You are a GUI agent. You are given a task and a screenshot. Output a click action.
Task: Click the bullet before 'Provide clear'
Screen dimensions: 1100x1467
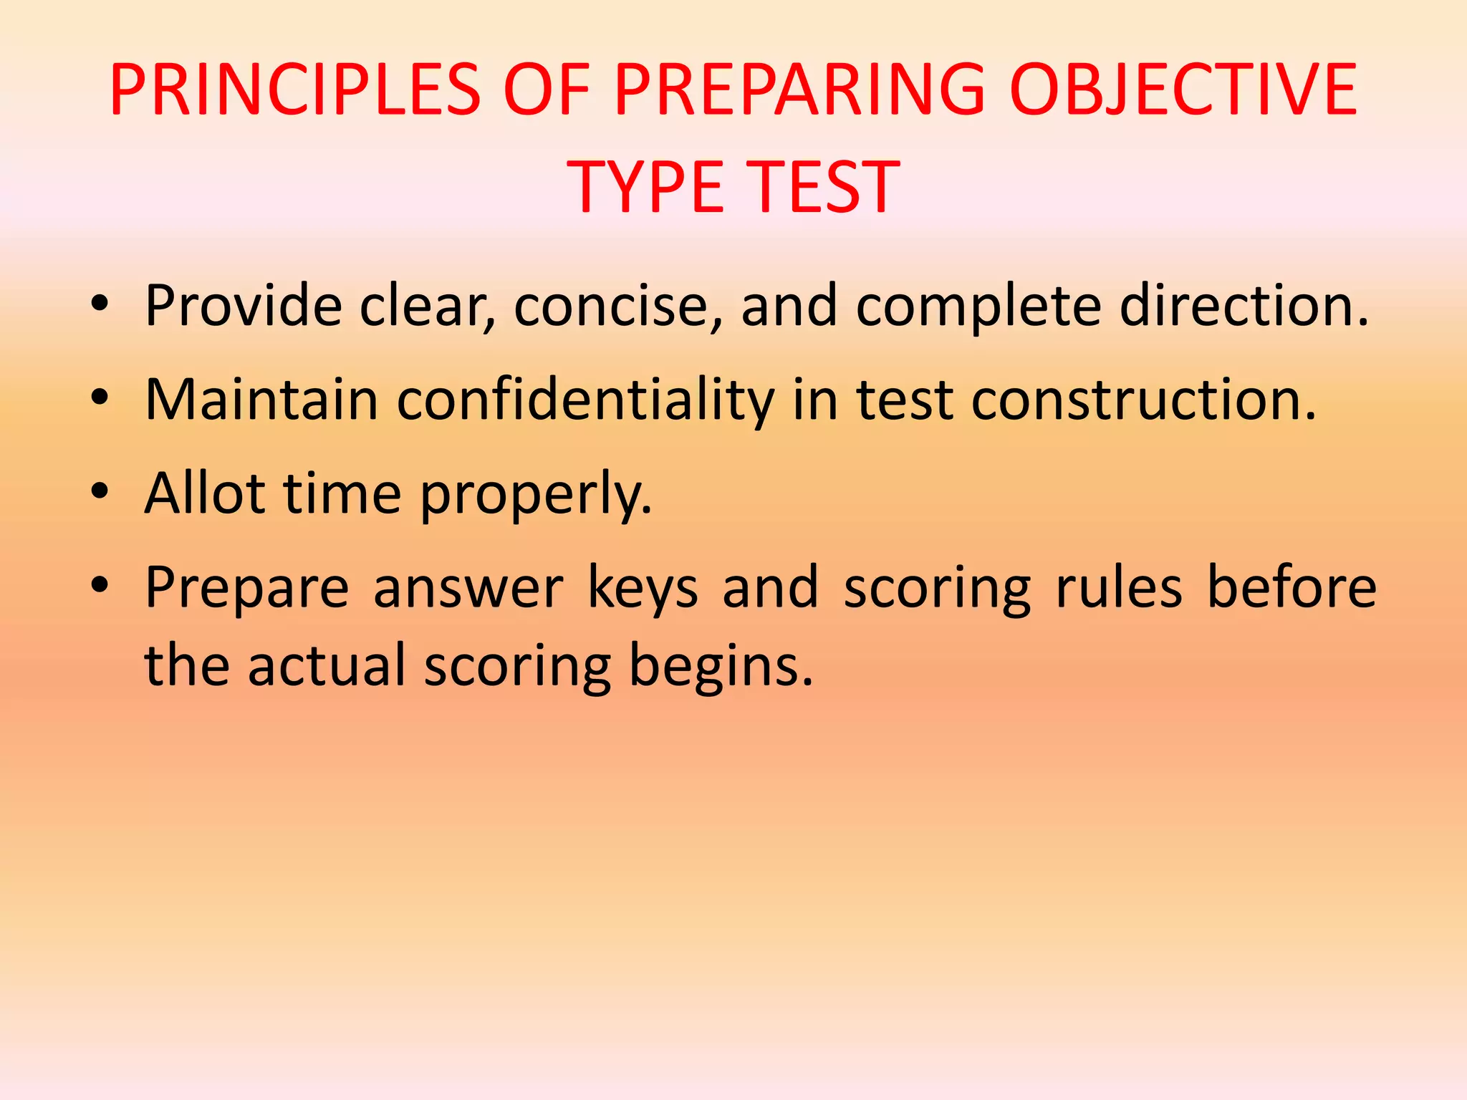point(100,307)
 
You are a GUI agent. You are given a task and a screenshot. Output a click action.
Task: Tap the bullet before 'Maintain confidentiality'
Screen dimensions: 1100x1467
point(100,400)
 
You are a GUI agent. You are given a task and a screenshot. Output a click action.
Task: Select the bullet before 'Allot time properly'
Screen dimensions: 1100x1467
point(100,493)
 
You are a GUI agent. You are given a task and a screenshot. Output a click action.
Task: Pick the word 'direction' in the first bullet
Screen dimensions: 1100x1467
point(1243,307)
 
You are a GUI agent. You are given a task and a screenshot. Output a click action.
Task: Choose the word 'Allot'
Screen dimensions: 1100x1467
point(204,493)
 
